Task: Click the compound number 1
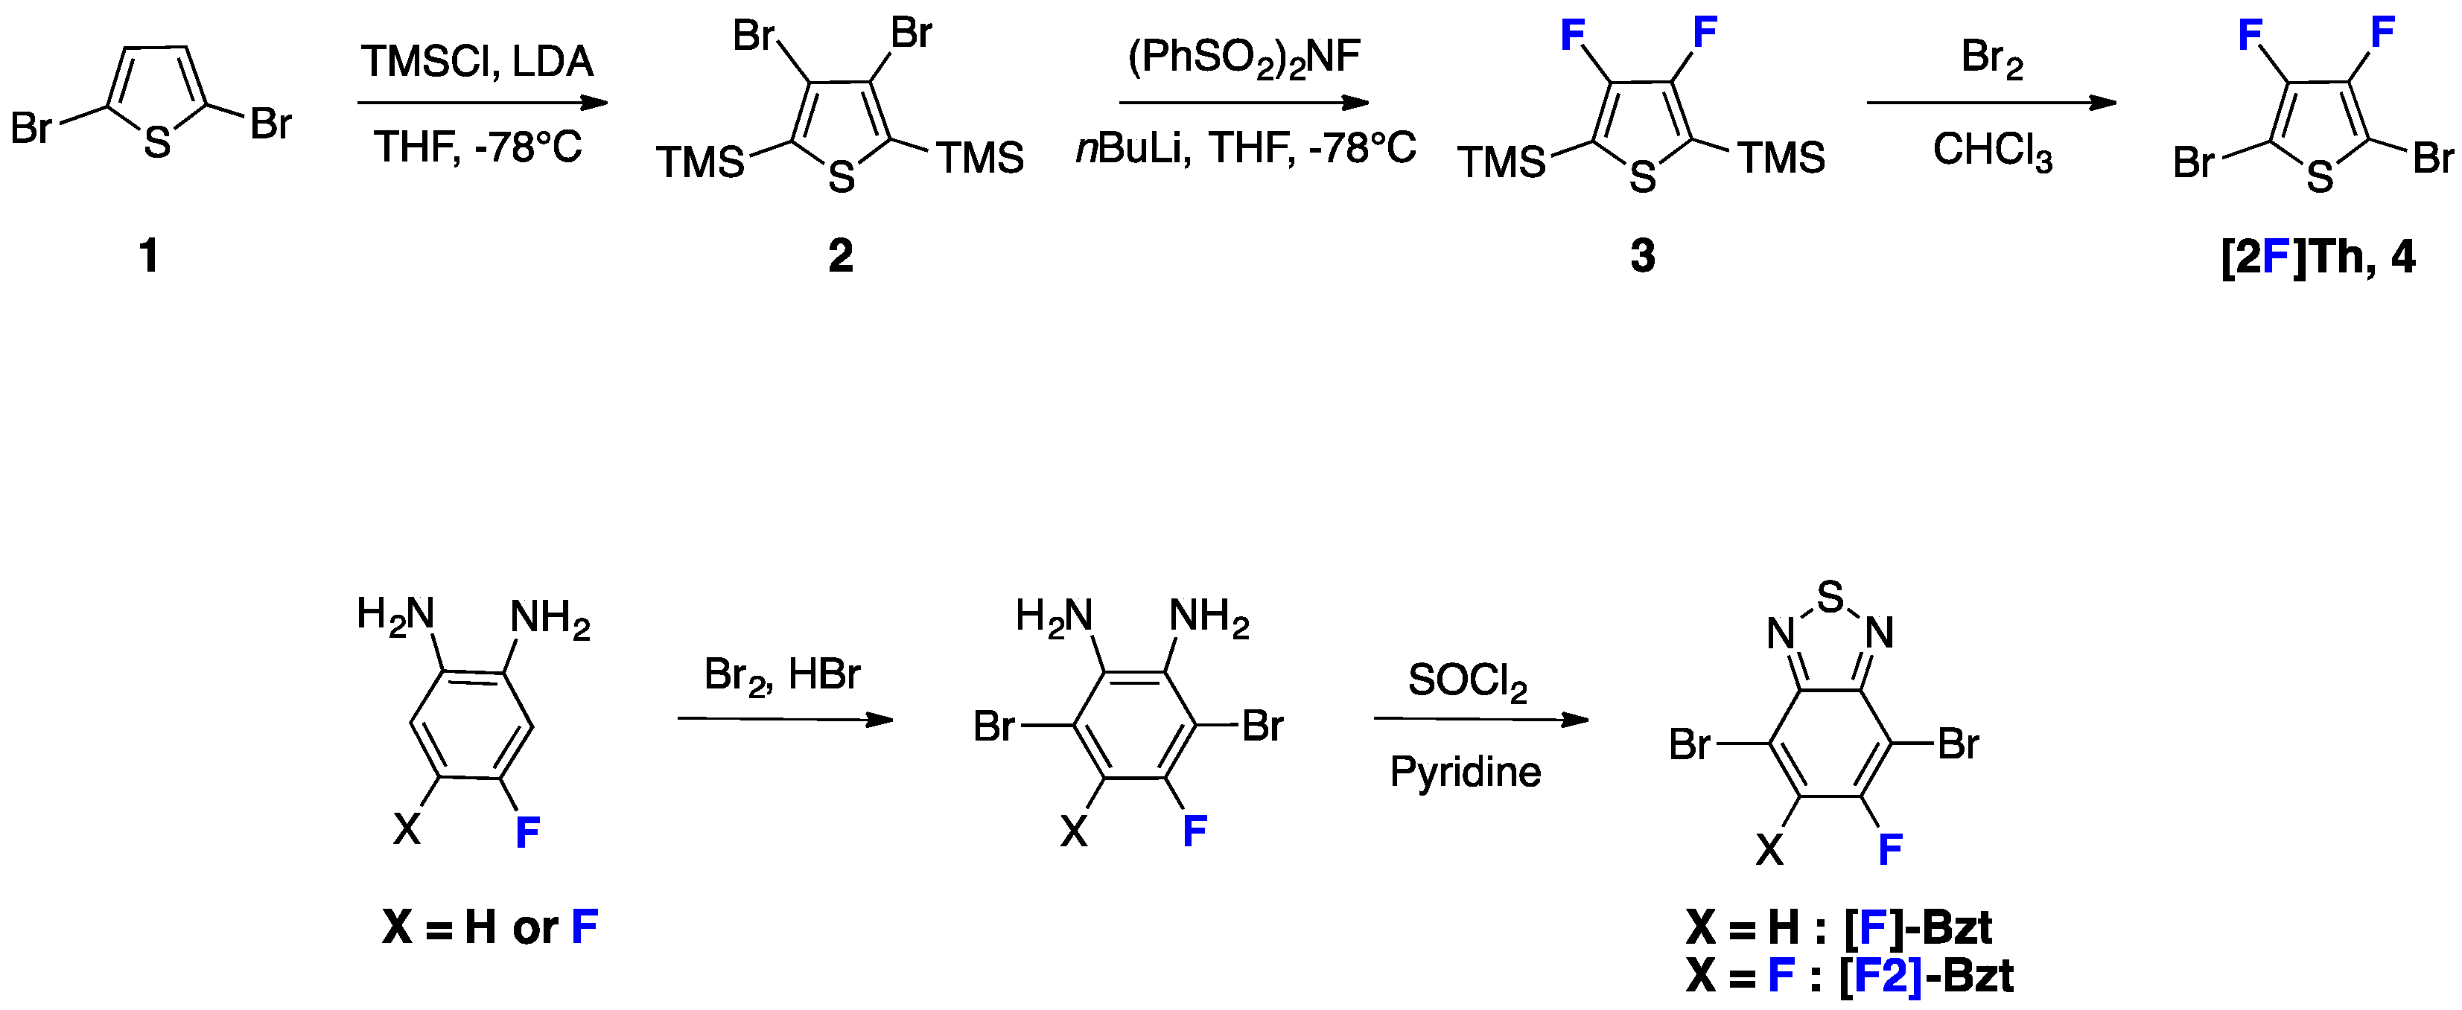pyautogui.click(x=149, y=256)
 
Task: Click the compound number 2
pyautogui.click(x=840, y=256)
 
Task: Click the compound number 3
pyautogui.click(x=1642, y=256)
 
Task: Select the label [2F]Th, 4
pyautogui.click(x=2318, y=257)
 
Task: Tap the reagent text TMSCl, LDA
pyautogui.click(x=477, y=62)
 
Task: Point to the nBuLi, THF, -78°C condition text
pyautogui.click(x=1245, y=149)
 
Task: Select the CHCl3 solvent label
pyautogui.click(x=1992, y=151)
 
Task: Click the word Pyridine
pyautogui.click(x=1465, y=772)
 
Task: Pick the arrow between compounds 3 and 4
pyautogui.click(x=1991, y=102)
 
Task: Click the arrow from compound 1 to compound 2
pyautogui.click(x=483, y=102)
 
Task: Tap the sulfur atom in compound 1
pyautogui.click(x=158, y=144)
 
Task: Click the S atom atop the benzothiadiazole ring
pyautogui.click(x=1829, y=597)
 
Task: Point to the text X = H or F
pyautogui.click(x=489, y=927)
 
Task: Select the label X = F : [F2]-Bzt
pyautogui.click(x=1849, y=977)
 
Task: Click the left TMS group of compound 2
pyautogui.click(x=699, y=162)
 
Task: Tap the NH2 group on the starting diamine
pyautogui.click(x=550, y=619)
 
